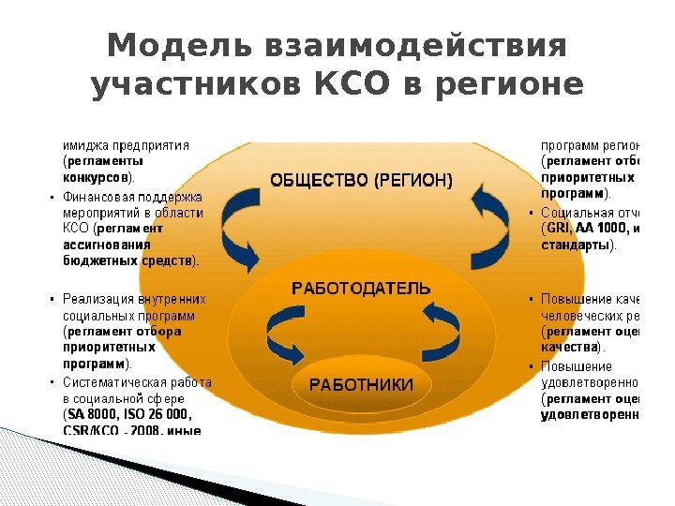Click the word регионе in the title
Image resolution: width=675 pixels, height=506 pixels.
pyautogui.click(x=510, y=86)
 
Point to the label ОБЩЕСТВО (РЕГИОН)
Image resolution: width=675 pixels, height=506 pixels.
pyautogui.click(x=361, y=179)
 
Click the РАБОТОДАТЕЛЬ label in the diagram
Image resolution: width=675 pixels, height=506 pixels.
pyautogui.click(x=362, y=288)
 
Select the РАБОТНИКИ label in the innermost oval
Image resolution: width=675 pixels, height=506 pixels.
pyautogui.click(x=362, y=385)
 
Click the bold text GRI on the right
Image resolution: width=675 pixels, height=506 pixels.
pyautogui.click(x=559, y=229)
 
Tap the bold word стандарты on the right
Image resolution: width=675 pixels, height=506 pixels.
pyautogui.click(x=575, y=245)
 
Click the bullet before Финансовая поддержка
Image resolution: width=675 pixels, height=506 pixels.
pyautogui.click(x=50, y=199)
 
